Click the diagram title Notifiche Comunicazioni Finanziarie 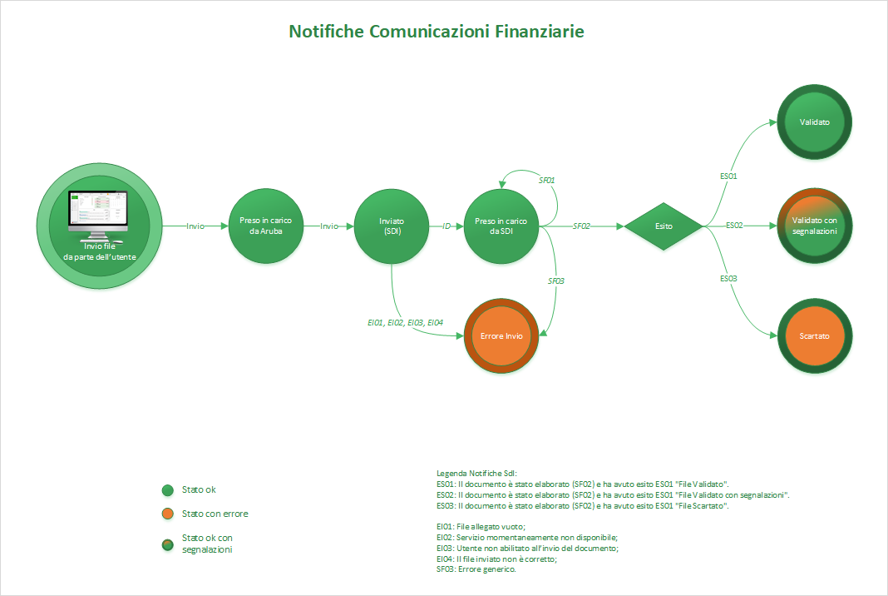click(x=437, y=32)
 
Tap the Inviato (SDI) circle click(x=391, y=226)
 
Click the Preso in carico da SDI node click(x=501, y=226)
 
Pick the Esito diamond click(x=664, y=226)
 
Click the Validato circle click(x=815, y=122)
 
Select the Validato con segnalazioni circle click(x=815, y=225)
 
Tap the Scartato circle click(x=815, y=336)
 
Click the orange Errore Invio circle click(x=502, y=336)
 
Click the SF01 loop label click(x=546, y=181)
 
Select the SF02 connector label click(x=581, y=226)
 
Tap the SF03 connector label click(x=555, y=281)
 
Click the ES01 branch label click(x=728, y=176)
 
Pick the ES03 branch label click(x=728, y=278)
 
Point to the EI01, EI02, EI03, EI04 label click(x=406, y=322)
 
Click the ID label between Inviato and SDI click(x=446, y=226)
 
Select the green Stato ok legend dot click(x=167, y=490)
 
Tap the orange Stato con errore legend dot click(x=167, y=514)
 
